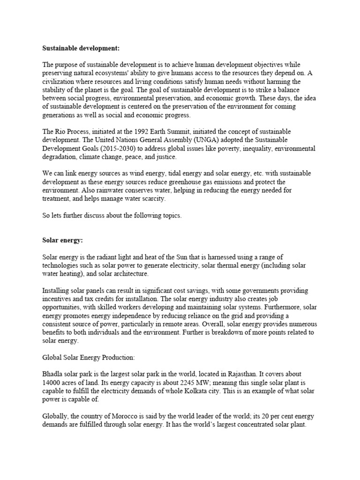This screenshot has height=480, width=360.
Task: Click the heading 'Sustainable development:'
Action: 75,48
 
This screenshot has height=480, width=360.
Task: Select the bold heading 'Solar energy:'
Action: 62,240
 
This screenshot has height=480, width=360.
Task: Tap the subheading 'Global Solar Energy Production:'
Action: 89,358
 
